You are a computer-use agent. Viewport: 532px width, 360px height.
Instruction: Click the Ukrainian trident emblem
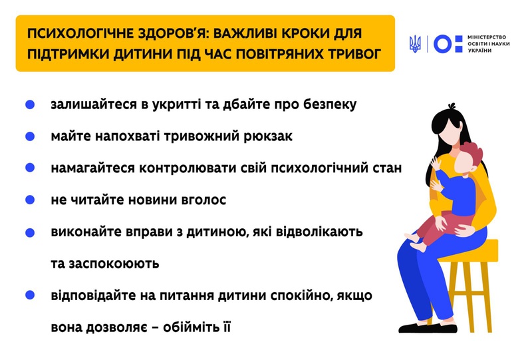415,44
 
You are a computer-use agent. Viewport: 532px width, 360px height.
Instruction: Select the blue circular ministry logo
443,44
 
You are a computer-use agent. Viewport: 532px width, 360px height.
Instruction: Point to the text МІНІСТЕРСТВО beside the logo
487,37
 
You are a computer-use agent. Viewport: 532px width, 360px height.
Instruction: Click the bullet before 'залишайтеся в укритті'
30,104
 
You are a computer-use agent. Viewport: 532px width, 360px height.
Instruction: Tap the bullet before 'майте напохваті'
30,136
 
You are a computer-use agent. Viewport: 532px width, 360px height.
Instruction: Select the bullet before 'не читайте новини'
30,200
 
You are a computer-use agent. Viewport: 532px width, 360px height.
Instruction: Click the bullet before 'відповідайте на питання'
30,295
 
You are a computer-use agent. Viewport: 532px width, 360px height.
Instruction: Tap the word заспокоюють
114,264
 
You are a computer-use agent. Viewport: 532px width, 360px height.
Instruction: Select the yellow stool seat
473,252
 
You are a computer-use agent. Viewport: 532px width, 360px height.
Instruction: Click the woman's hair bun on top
452,106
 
